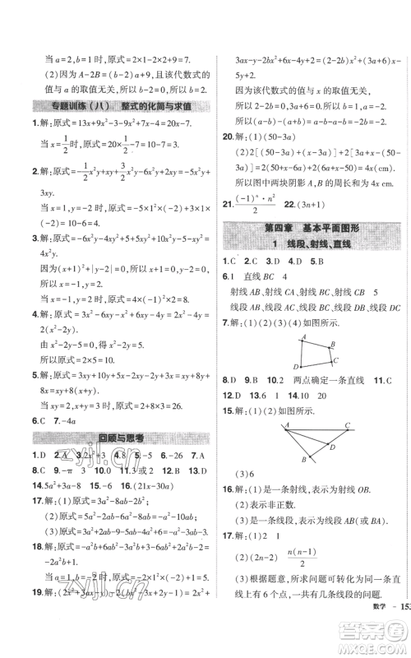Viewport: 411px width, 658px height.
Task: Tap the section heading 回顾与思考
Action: (x=110, y=438)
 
